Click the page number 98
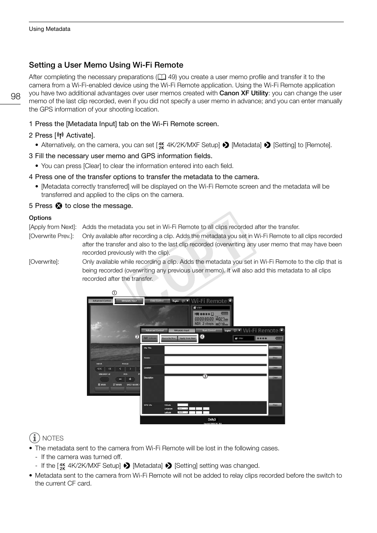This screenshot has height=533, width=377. coord(15,96)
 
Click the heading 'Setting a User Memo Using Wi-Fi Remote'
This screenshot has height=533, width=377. coord(106,65)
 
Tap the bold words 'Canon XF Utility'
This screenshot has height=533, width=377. coord(244,93)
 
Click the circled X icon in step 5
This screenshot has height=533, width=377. coord(59,206)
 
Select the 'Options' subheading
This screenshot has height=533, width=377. coord(40,218)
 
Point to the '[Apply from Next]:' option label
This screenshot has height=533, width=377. coord(53,227)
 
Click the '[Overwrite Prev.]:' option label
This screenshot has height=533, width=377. coord(51,236)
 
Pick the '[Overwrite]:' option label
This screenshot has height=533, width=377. coord(44,262)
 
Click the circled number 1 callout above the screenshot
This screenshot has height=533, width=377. coord(114,293)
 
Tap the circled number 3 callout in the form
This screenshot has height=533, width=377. coord(205,376)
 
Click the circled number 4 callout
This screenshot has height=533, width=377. coord(202,337)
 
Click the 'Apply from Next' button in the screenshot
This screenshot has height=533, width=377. coord(188,338)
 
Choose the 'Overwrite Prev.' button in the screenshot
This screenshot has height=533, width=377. coord(169,338)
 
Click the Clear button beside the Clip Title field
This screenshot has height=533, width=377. coord(275,348)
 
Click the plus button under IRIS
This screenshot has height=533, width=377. coord(130,379)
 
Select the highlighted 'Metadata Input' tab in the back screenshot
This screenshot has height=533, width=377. coord(129,301)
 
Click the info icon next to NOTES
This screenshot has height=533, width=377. coord(35,438)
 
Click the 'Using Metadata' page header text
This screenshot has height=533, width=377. coord(49,29)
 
